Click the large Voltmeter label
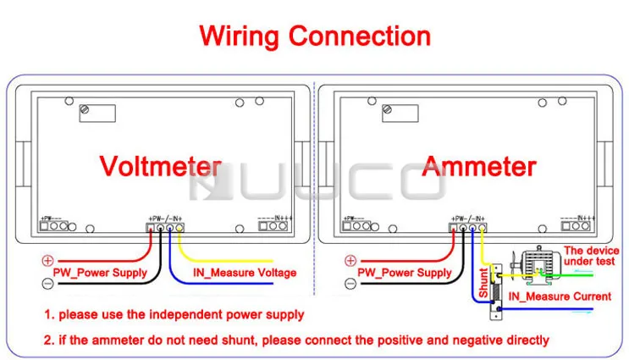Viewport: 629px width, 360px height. [x=161, y=165]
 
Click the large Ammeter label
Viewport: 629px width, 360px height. [x=478, y=166]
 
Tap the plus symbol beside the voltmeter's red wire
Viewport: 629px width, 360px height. [x=47, y=261]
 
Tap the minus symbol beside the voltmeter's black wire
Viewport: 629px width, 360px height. [x=47, y=282]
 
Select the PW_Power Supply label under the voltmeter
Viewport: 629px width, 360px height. [x=100, y=273]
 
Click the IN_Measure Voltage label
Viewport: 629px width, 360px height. [x=245, y=273]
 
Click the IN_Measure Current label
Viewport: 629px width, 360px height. [x=560, y=296]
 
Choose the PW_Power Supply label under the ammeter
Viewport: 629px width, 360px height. [x=405, y=273]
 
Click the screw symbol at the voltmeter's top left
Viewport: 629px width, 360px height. [x=85, y=110]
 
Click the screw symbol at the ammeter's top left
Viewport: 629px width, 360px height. [x=387, y=110]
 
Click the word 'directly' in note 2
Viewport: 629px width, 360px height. [x=522, y=341]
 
